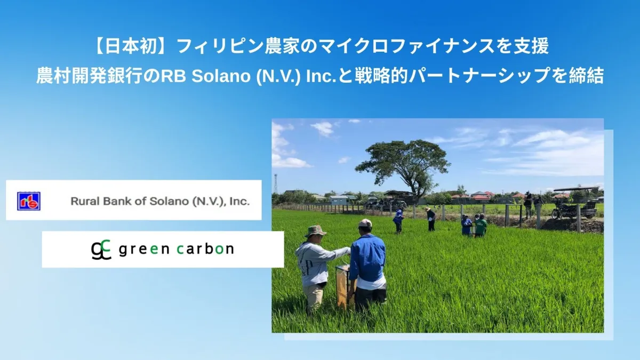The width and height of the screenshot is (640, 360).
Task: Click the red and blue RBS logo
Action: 29,201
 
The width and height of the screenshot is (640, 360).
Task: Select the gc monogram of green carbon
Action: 101,250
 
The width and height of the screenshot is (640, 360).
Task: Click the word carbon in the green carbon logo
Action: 205,249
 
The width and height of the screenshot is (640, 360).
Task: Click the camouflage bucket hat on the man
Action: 315,231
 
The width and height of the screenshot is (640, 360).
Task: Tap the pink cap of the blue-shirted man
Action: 365,223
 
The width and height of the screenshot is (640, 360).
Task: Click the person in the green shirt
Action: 481,226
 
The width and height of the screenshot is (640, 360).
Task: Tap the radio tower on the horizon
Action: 276,183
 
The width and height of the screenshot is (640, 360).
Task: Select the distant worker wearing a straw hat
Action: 430,219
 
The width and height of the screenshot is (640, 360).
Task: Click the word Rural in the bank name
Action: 84,201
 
